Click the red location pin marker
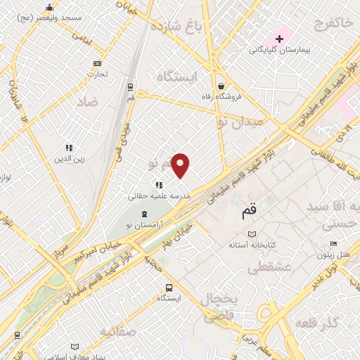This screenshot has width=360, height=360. tap(181, 165)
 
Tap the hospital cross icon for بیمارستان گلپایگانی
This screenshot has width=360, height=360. tap(279, 38)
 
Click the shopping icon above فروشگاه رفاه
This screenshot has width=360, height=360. tap(221, 83)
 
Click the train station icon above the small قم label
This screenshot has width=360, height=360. tap(131, 86)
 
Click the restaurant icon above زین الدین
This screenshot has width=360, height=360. tap(69, 148)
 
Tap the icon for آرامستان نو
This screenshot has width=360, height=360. tap(144, 213)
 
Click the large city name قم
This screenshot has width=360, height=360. tap(249, 209)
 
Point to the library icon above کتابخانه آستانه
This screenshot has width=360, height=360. tap(252, 234)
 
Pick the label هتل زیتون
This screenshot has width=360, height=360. tap(333, 255)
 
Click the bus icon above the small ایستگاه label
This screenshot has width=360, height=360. tap(169, 288)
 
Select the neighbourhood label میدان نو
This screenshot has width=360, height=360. tap(240, 122)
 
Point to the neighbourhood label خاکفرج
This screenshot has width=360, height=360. tap(328, 24)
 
